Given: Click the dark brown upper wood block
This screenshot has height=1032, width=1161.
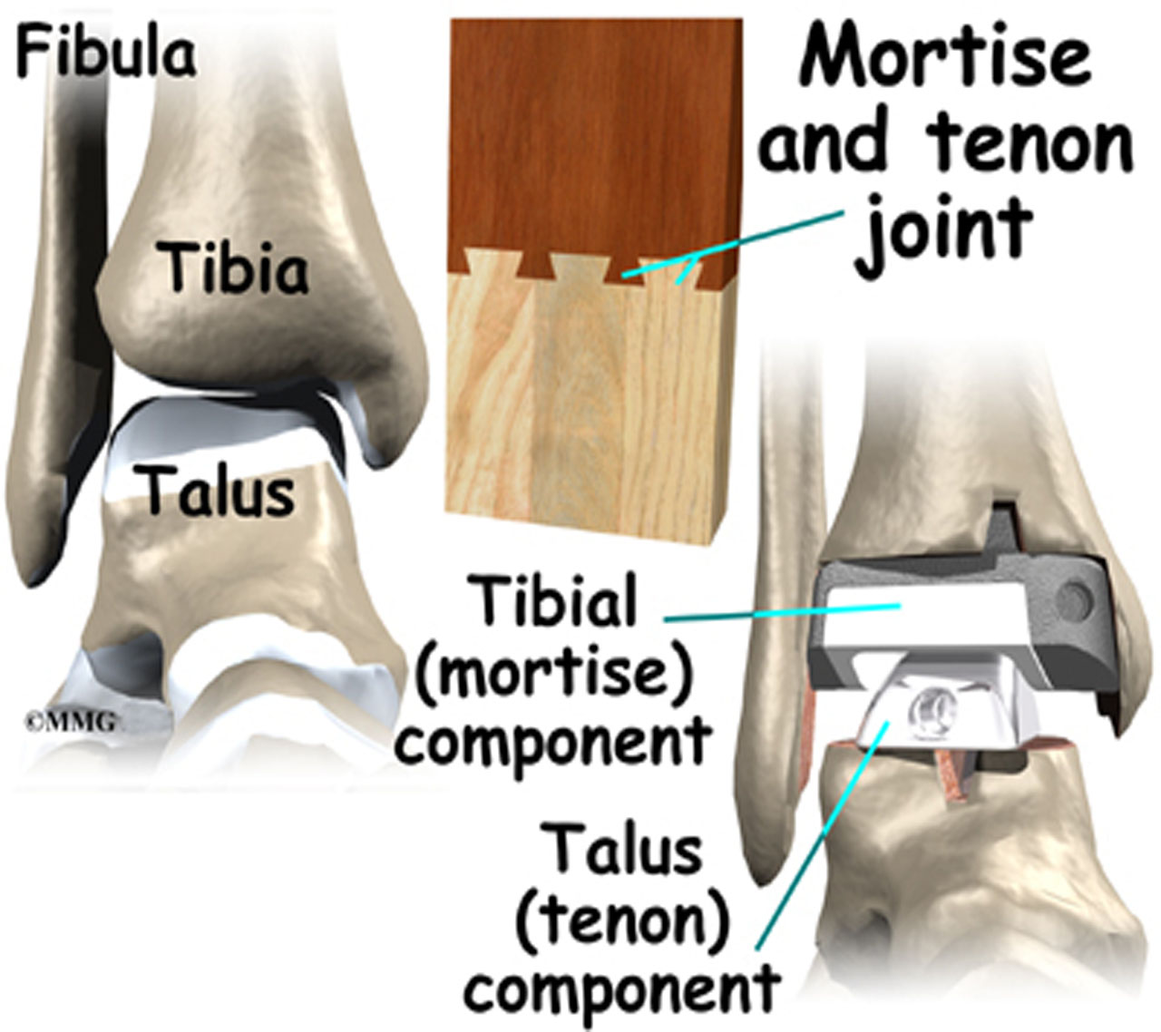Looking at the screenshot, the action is pyautogui.click(x=590, y=127).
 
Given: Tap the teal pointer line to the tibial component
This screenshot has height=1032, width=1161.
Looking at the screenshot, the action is pyautogui.click(x=780, y=612).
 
